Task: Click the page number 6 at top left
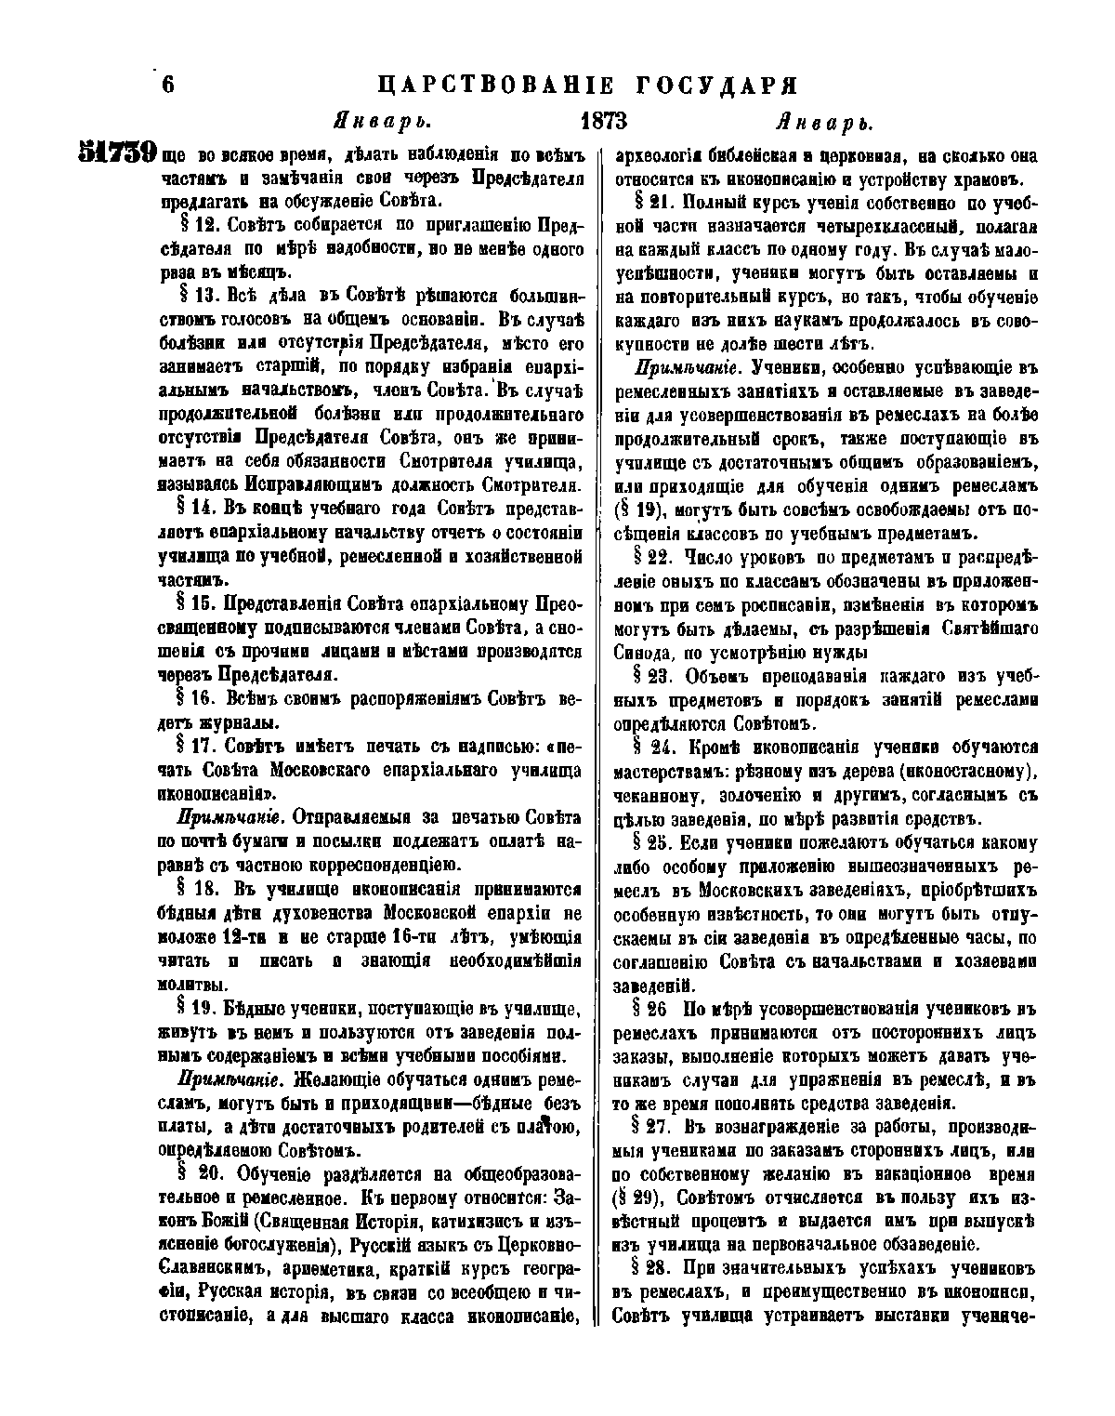pos(168,85)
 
